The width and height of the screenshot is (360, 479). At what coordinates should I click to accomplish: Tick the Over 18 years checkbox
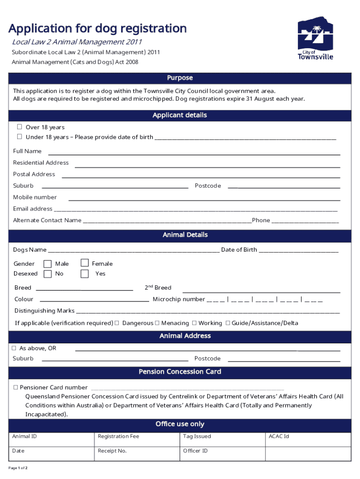point(20,127)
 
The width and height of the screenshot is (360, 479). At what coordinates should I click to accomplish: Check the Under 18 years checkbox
point(20,137)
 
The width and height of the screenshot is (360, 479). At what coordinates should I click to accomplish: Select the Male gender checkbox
point(48,264)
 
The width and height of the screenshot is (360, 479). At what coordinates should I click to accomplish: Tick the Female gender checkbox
point(85,263)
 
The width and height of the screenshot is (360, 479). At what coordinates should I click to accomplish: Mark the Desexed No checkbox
point(48,274)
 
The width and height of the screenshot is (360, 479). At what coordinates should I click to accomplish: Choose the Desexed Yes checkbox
point(85,274)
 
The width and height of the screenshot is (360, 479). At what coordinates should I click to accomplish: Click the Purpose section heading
point(180,78)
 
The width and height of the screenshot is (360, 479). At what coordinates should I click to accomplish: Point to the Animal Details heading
point(185,235)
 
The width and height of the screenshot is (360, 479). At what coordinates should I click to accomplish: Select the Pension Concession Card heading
point(180,372)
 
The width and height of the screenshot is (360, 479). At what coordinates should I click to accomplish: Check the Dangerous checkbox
point(117,323)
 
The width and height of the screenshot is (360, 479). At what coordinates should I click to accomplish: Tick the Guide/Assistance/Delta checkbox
point(228,323)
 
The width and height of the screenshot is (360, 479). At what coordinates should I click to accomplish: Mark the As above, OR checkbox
point(14,348)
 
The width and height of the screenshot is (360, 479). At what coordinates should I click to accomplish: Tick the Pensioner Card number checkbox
point(15,387)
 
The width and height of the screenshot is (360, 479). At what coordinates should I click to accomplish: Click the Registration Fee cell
point(137,440)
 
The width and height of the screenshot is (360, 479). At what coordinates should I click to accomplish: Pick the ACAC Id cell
point(307,440)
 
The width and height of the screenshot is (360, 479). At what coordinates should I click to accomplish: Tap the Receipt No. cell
point(137,454)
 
